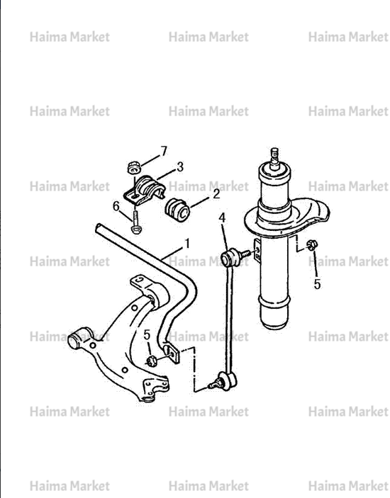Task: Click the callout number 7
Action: click(164, 151)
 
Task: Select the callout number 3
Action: click(180, 166)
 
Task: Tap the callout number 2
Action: click(216, 193)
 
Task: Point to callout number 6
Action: click(116, 207)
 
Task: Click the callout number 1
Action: click(187, 244)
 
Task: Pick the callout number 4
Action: click(222, 218)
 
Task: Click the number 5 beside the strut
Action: click(317, 284)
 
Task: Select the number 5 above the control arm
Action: click(147, 335)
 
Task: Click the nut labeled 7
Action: click(134, 167)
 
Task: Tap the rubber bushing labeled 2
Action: click(177, 210)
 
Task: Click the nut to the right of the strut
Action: click(312, 245)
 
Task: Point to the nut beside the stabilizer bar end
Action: click(152, 360)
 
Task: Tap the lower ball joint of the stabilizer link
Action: click(228, 381)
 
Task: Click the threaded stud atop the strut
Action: click(274, 157)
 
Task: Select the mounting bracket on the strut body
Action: click(257, 251)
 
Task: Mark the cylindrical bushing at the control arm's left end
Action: click(78, 339)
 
